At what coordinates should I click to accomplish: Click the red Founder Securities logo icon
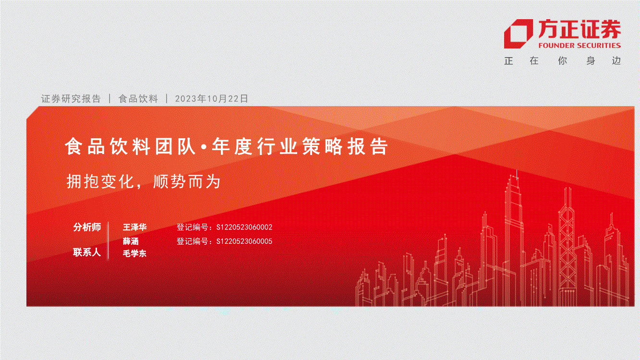[518, 34]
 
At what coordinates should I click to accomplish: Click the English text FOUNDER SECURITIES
[580, 46]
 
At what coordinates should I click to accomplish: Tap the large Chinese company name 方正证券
[580, 29]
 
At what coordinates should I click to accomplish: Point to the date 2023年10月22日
[211, 99]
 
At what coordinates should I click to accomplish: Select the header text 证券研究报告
[71, 99]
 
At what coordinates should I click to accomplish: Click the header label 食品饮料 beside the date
[138, 99]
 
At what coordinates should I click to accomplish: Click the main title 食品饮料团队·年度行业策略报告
[226, 146]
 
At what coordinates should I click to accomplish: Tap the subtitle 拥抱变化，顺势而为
[144, 181]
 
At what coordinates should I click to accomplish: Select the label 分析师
[87, 227]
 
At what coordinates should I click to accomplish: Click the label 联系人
[87, 252]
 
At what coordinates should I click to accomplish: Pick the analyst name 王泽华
[134, 227]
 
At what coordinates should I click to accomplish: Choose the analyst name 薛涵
[131, 241]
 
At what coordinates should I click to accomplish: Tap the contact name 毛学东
[134, 253]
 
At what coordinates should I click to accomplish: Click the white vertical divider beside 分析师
[109, 240]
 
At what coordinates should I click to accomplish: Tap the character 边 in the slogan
[616, 61]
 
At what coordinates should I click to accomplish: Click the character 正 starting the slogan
[508, 61]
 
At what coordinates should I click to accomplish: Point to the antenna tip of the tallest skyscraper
[517, 170]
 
